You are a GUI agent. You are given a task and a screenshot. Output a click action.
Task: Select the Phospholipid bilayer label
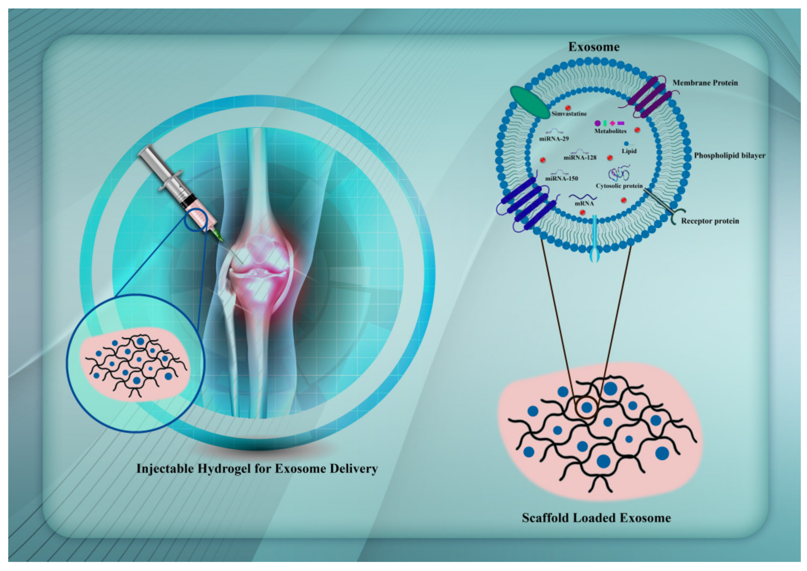click(729, 155)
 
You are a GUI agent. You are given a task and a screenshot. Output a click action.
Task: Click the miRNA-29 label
click(553, 139)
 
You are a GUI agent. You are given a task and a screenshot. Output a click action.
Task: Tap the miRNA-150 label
click(561, 179)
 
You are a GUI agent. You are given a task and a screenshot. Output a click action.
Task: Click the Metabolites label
click(610, 131)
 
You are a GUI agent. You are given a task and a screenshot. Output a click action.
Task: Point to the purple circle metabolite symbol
click(597, 123)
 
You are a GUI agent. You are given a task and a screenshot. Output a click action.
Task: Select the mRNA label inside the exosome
click(584, 203)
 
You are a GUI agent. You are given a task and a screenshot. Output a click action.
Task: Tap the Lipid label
click(629, 151)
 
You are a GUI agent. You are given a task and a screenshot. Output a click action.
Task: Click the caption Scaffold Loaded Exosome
click(596, 518)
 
